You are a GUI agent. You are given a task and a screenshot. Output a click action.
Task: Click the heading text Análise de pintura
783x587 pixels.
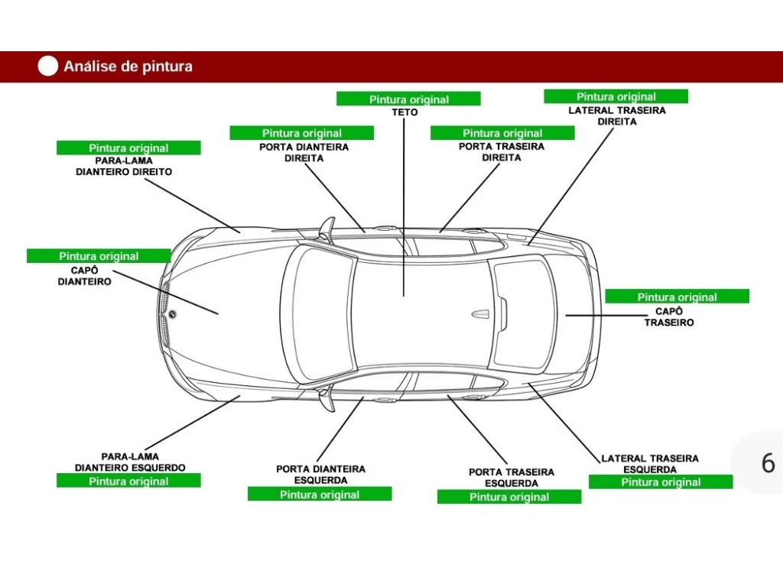pyautogui.click(x=128, y=66)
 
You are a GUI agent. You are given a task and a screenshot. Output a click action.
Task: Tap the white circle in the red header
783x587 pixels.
pyautogui.click(x=47, y=66)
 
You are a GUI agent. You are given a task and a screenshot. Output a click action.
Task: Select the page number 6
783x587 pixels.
pyautogui.click(x=768, y=463)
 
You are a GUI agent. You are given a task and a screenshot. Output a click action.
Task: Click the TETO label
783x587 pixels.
pyautogui.click(x=405, y=112)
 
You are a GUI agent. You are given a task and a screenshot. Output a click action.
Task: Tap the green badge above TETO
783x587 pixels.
pyautogui.click(x=408, y=99)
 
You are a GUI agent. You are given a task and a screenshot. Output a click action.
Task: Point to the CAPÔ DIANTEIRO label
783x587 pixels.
pyautogui.click(x=84, y=276)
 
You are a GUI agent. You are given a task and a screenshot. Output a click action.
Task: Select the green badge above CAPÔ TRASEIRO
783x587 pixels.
pyautogui.click(x=677, y=297)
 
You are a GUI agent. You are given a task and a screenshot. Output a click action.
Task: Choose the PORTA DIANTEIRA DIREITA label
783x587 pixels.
pyautogui.click(x=304, y=152)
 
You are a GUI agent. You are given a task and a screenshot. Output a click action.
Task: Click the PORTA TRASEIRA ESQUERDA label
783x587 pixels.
pyautogui.click(x=511, y=478)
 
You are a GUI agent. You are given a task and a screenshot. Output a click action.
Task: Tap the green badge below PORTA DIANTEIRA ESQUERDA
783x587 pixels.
pyautogui.click(x=319, y=495)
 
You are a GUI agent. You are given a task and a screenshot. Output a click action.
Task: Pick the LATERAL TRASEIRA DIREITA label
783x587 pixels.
pyautogui.click(x=616, y=115)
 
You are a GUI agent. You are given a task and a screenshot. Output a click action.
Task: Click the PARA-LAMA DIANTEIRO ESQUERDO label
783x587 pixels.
pyautogui.click(x=129, y=462)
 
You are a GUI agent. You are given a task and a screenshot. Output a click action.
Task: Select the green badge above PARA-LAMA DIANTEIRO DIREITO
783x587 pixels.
pyautogui.click(x=128, y=148)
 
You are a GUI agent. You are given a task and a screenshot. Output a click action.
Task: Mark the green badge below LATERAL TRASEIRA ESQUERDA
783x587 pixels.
pyautogui.click(x=660, y=482)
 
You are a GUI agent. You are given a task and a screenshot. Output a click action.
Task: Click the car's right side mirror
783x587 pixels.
pyautogui.click(x=327, y=229)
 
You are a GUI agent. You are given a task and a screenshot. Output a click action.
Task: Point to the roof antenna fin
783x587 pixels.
pyautogui.click(x=480, y=313)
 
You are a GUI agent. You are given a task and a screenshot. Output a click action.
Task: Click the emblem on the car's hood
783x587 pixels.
pyautogui.click(x=173, y=313)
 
